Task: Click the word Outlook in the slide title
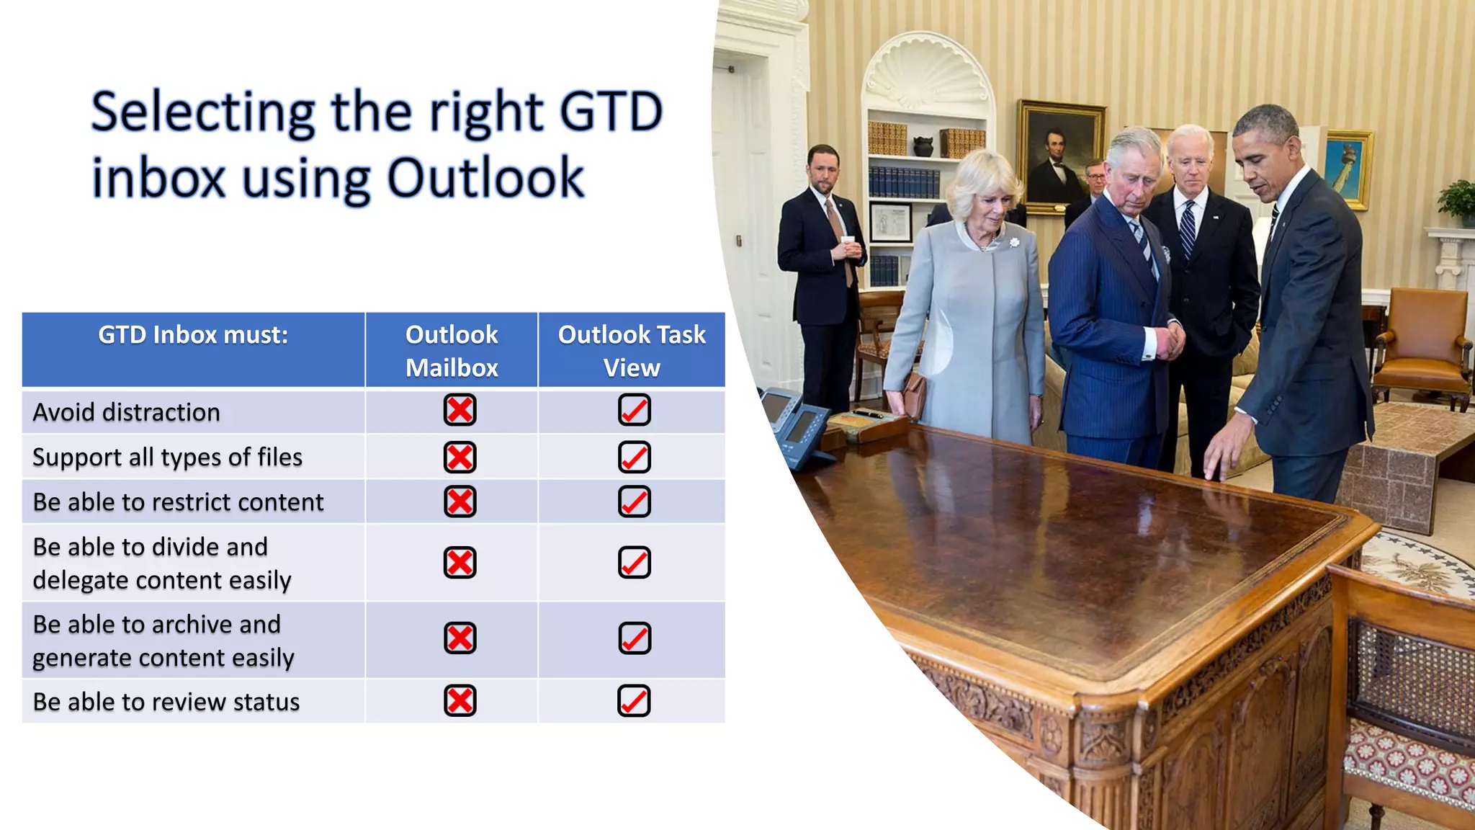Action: (485, 178)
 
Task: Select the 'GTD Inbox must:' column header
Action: (193, 335)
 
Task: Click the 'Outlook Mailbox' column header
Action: (452, 351)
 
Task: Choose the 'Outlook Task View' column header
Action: (632, 351)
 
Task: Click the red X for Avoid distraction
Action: (460, 410)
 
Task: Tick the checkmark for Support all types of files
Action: (635, 457)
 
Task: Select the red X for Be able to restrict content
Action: (460, 501)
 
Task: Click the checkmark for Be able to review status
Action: (635, 701)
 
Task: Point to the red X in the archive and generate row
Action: (460, 638)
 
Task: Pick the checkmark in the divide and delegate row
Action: (635, 563)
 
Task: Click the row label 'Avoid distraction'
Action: (127, 412)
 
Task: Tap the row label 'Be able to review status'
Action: (166, 702)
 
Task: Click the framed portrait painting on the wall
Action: (1059, 155)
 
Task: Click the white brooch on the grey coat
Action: (1014, 243)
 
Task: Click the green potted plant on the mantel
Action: (1459, 202)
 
